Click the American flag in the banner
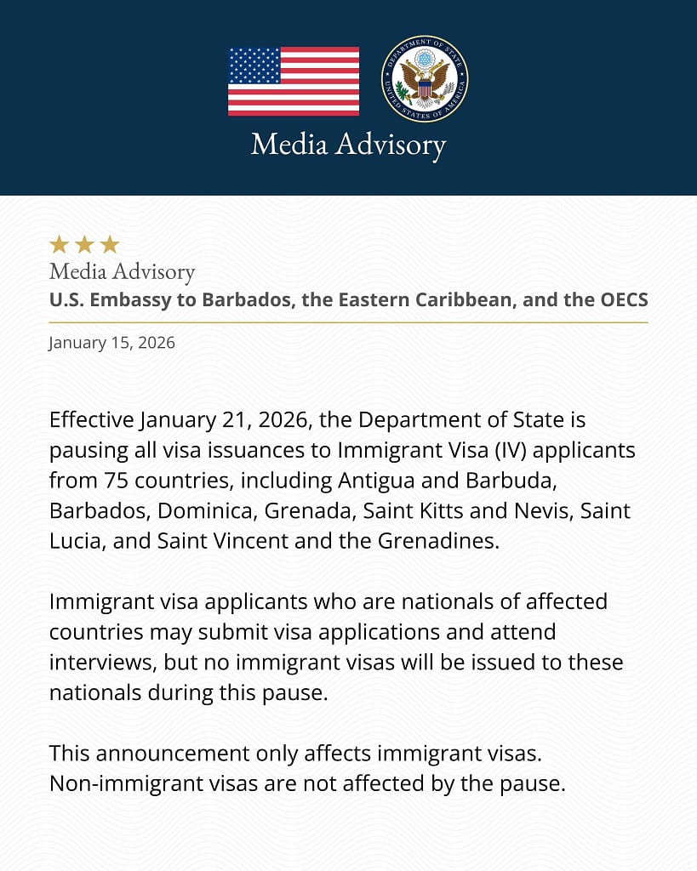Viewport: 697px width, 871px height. coord(294,81)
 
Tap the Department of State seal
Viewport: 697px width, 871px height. coord(425,78)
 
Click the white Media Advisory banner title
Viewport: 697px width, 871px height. coord(348,144)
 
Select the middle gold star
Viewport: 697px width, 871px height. coord(84,245)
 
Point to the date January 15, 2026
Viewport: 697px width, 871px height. coord(111,343)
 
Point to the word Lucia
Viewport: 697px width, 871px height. coord(76,541)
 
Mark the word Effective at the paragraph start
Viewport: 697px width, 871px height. coord(91,420)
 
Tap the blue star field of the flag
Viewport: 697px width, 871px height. coord(254,65)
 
